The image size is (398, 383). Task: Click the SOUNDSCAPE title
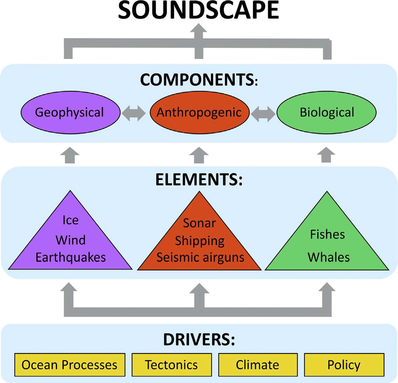coord(198,10)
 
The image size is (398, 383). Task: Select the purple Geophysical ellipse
coord(70,113)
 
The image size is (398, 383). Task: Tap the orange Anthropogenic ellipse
coord(199,113)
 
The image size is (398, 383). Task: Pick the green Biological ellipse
coord(327,113)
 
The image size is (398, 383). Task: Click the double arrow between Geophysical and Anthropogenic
coord(134,113)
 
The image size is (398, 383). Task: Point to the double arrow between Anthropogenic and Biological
coord(263,113)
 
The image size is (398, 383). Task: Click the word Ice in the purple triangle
coord(70,220)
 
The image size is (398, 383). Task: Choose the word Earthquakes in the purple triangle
coord(71,257)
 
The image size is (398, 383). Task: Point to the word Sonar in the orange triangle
coord(199,223)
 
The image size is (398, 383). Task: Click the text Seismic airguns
coord(200,257)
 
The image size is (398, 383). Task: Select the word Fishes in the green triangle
coord(327,234)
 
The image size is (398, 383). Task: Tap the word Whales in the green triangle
coord(328,257)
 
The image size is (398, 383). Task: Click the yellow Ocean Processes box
coord(70,365)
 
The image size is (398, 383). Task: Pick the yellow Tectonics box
coord(171,365)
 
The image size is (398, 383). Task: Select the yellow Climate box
coord(257,365)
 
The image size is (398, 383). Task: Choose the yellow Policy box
coord(344,365)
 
